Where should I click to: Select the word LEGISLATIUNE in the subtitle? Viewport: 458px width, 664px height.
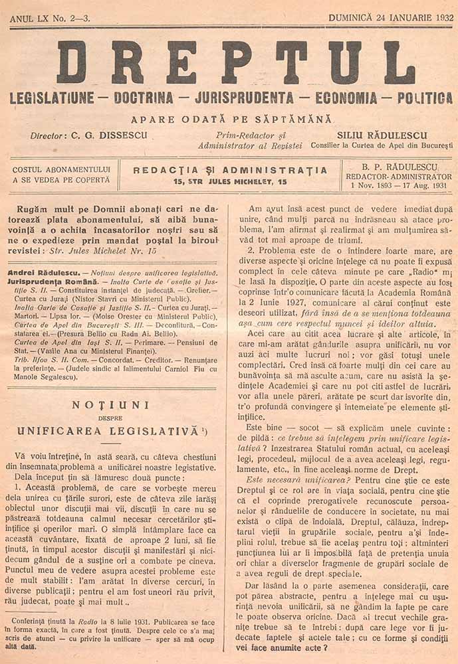pos(52,98)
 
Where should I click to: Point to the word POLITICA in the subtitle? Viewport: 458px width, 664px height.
pos(425,98)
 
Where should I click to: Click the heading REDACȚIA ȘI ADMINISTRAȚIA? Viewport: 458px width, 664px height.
pos(230,170)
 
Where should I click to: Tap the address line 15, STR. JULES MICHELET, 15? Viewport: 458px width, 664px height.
pos(230,181)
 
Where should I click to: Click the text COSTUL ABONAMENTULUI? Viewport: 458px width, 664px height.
pos(61,169)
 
